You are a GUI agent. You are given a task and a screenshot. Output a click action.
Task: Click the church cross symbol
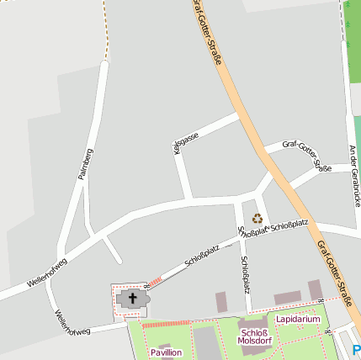[132, 298]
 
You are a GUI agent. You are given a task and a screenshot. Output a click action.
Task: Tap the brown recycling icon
[257, 219]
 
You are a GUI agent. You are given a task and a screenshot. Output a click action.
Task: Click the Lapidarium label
[298, 320]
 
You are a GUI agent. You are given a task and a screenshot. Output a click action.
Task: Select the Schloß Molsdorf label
[253, 336]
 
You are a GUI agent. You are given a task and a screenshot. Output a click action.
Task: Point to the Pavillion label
[166, 352]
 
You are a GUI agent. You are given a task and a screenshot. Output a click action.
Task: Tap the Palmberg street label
[83, 163]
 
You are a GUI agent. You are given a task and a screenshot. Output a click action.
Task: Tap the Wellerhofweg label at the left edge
[46, 273]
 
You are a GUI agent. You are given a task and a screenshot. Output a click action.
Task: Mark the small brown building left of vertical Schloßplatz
[221, 302]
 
